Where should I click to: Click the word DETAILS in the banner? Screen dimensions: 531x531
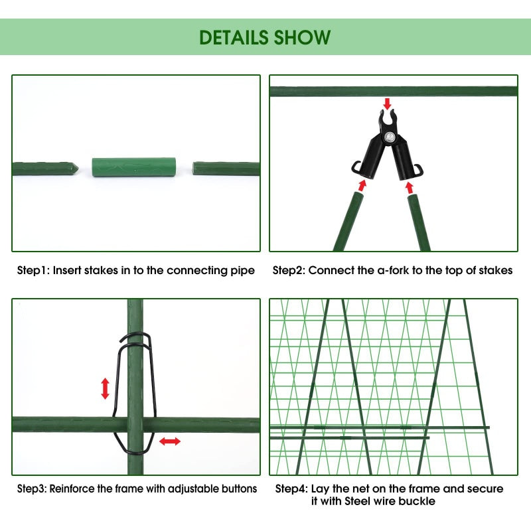point(234,37)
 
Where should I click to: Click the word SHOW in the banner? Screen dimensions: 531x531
point(302,37)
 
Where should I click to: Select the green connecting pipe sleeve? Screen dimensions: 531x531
point(134,167)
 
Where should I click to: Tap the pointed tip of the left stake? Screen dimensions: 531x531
point(78,168)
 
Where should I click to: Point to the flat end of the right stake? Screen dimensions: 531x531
point(194,169)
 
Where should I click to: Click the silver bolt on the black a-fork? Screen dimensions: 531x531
point(390,137)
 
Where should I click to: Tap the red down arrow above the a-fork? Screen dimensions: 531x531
point(387,104)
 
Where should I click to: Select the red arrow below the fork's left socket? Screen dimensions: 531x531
point(362,185)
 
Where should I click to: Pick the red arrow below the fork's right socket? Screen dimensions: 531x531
point(410,188)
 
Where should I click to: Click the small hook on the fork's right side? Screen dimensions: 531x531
point(421,170)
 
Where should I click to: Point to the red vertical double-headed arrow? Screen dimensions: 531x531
point(106,388)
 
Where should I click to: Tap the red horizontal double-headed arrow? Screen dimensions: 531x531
point(170,441)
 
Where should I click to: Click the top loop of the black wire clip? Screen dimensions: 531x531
point(135,335)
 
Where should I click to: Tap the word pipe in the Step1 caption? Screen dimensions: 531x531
point(242,271)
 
